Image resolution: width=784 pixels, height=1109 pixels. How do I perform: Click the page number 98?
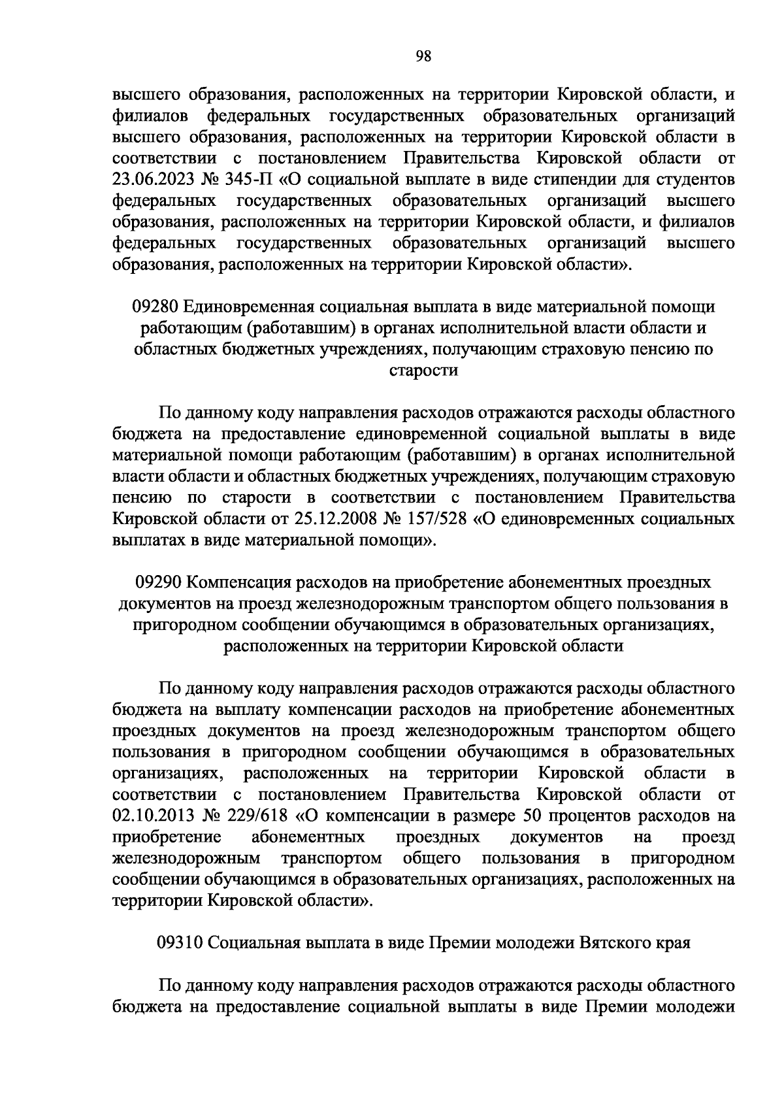pos(423,56)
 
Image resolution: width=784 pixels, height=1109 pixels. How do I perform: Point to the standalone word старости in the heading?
pos(423,371)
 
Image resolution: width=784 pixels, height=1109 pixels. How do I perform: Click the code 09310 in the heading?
pos(181,943)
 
